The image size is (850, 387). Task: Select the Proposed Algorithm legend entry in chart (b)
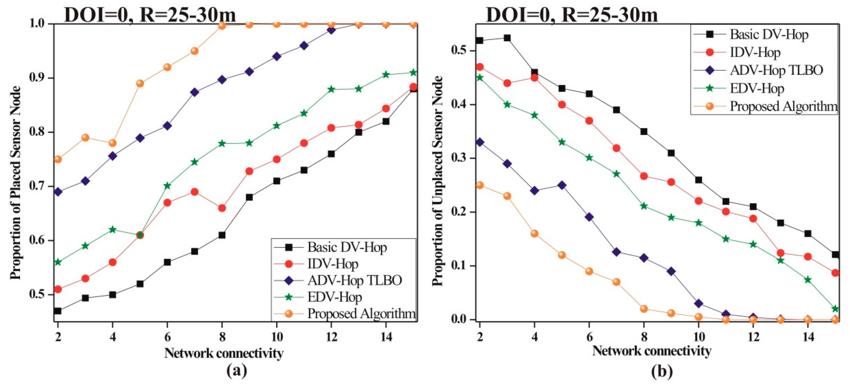click(x=783, y=106)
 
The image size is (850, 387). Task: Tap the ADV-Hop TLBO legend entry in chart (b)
click(x=776, y=70)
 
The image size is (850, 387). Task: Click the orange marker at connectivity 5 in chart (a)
click(x=140, y=83)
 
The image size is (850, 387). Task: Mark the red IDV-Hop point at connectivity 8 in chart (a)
click(x=222, y=208)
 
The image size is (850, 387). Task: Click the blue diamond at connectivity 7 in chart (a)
click(x=195, y=92)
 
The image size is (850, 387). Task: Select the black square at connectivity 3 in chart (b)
click(x=507, y=38)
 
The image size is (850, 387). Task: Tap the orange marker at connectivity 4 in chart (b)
click(x=535, y=234)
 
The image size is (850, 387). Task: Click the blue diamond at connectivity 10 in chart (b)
click(x=699, y=303)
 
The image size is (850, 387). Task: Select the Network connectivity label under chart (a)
click(x=224, y=353)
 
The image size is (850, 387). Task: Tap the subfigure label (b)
click(x=662, y=371)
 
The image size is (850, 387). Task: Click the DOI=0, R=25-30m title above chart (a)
click(x=150, y=15)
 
